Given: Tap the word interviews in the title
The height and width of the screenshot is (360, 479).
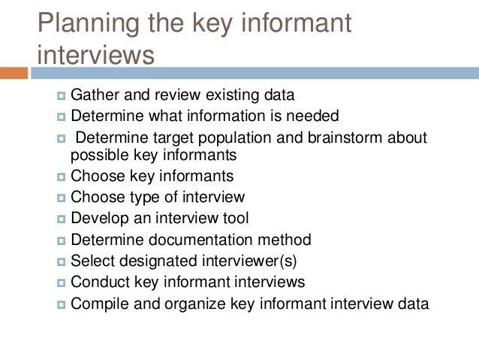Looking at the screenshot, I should click(x=96, y=55).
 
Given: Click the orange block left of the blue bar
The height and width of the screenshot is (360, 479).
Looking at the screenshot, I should click(x=14, y=73).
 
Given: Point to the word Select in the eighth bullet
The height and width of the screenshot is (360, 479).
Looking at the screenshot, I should click(x=90, y=262).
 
